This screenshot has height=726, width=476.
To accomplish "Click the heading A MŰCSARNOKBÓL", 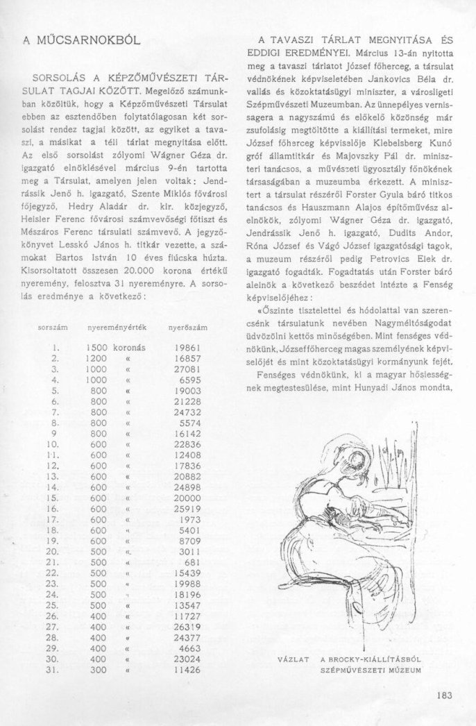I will click(82, 41).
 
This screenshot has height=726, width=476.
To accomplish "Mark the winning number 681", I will click(192, 562).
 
